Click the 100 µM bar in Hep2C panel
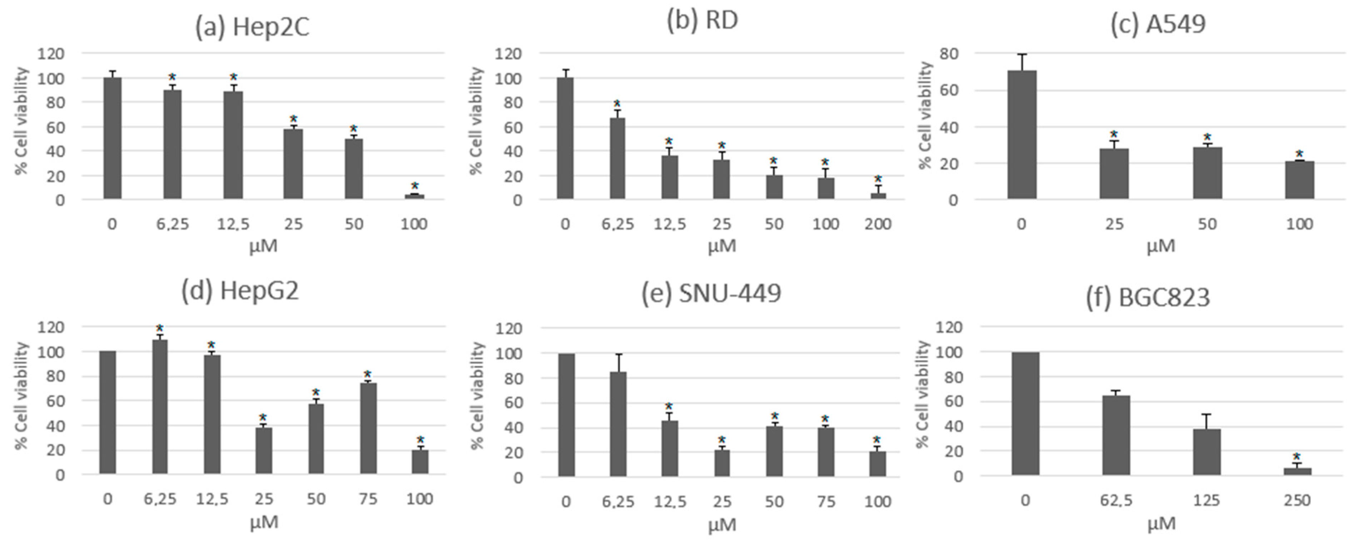tap(415, 197)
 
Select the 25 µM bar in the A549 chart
tap(1114, 174)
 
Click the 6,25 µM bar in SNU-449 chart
tap(618, 424)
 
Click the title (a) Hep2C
tap(252, 27)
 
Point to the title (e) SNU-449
tap(711, 293)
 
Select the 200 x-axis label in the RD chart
tap(878, 224)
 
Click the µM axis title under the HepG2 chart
tap(264, 522)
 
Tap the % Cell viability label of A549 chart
tap(926, 115)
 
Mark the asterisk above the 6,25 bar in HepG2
tap(160, 328)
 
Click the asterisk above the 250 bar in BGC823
tap(1297, 456)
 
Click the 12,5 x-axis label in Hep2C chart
tap(233, 224)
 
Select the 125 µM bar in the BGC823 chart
tap(1206, 452)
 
